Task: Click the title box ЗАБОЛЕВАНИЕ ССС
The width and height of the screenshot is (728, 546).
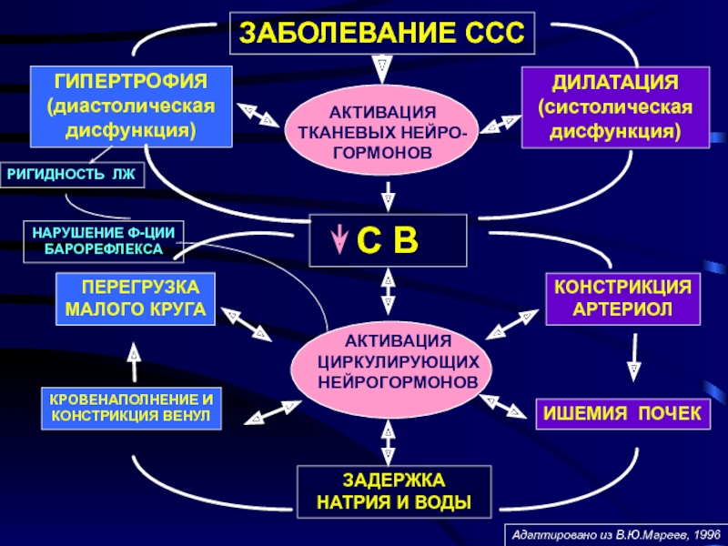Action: pyautogui.click(x=382, y=33)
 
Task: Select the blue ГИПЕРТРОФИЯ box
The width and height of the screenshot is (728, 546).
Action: pyautogui.click(x=131, y=106)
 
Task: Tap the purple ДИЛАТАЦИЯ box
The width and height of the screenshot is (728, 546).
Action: pyautogui.click(x=615, y=107)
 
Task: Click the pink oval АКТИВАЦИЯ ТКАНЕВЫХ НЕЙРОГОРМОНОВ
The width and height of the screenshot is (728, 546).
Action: pyautogui.click(x=382, y=132)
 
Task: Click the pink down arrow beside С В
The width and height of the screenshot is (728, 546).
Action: pyautogui.click(x=339, y=239)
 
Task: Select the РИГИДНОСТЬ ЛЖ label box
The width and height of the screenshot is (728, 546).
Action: pyautogui.click(x=72, y=175)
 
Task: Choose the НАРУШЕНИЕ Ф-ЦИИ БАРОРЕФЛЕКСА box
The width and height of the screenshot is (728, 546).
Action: pyautogui.click(x=104, y=241)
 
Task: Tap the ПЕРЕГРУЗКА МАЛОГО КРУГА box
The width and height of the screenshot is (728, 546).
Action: pyautogui.click(x=135, y=298)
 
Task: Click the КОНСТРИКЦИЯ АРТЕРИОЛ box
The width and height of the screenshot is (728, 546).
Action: pyautogui.click(x=622, y=298)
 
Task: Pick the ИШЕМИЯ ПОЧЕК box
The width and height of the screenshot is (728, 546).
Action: pyautogui.click(x=622, y=413)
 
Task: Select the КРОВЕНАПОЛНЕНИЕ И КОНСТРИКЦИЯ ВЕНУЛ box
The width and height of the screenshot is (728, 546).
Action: pyautogui.click(x=131, y=408)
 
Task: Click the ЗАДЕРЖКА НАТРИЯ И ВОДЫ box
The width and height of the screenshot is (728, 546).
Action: pyautogui.click(x=394, y=491)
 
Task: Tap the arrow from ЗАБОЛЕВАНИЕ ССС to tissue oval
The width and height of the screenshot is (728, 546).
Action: pyautogui.click(x=382, y=70)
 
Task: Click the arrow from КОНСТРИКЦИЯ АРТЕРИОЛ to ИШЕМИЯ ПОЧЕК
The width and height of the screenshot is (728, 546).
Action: pyautogui.click(x=634, y=357)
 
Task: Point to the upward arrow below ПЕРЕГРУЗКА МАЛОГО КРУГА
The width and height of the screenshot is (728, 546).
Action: pyautogui.click(x=134, y=362)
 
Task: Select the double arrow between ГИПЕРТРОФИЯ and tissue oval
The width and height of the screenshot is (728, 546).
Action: pyautogui.click(x=258, y=115)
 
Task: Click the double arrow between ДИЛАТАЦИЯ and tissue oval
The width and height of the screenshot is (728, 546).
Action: pyautogui.click(x=500, y=125)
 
